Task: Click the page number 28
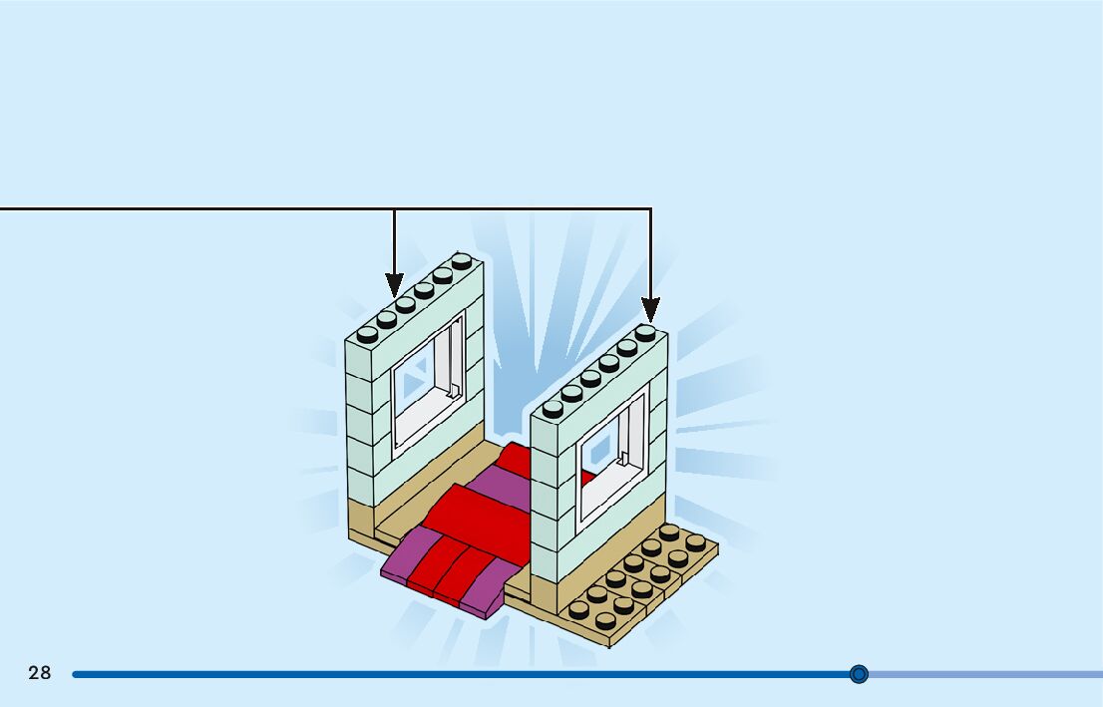pos(40,673)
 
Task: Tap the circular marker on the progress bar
pos(859,674)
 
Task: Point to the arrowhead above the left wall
pos(395,285)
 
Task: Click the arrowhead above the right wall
pos(650,309)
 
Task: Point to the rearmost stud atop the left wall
pos(461,261)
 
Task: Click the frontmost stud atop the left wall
pos(368,333)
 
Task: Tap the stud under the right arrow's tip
pos(646,333)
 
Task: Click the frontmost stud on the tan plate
pos(605,620)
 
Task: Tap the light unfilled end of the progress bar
pos(987,674)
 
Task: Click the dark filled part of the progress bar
pos(449,674)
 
